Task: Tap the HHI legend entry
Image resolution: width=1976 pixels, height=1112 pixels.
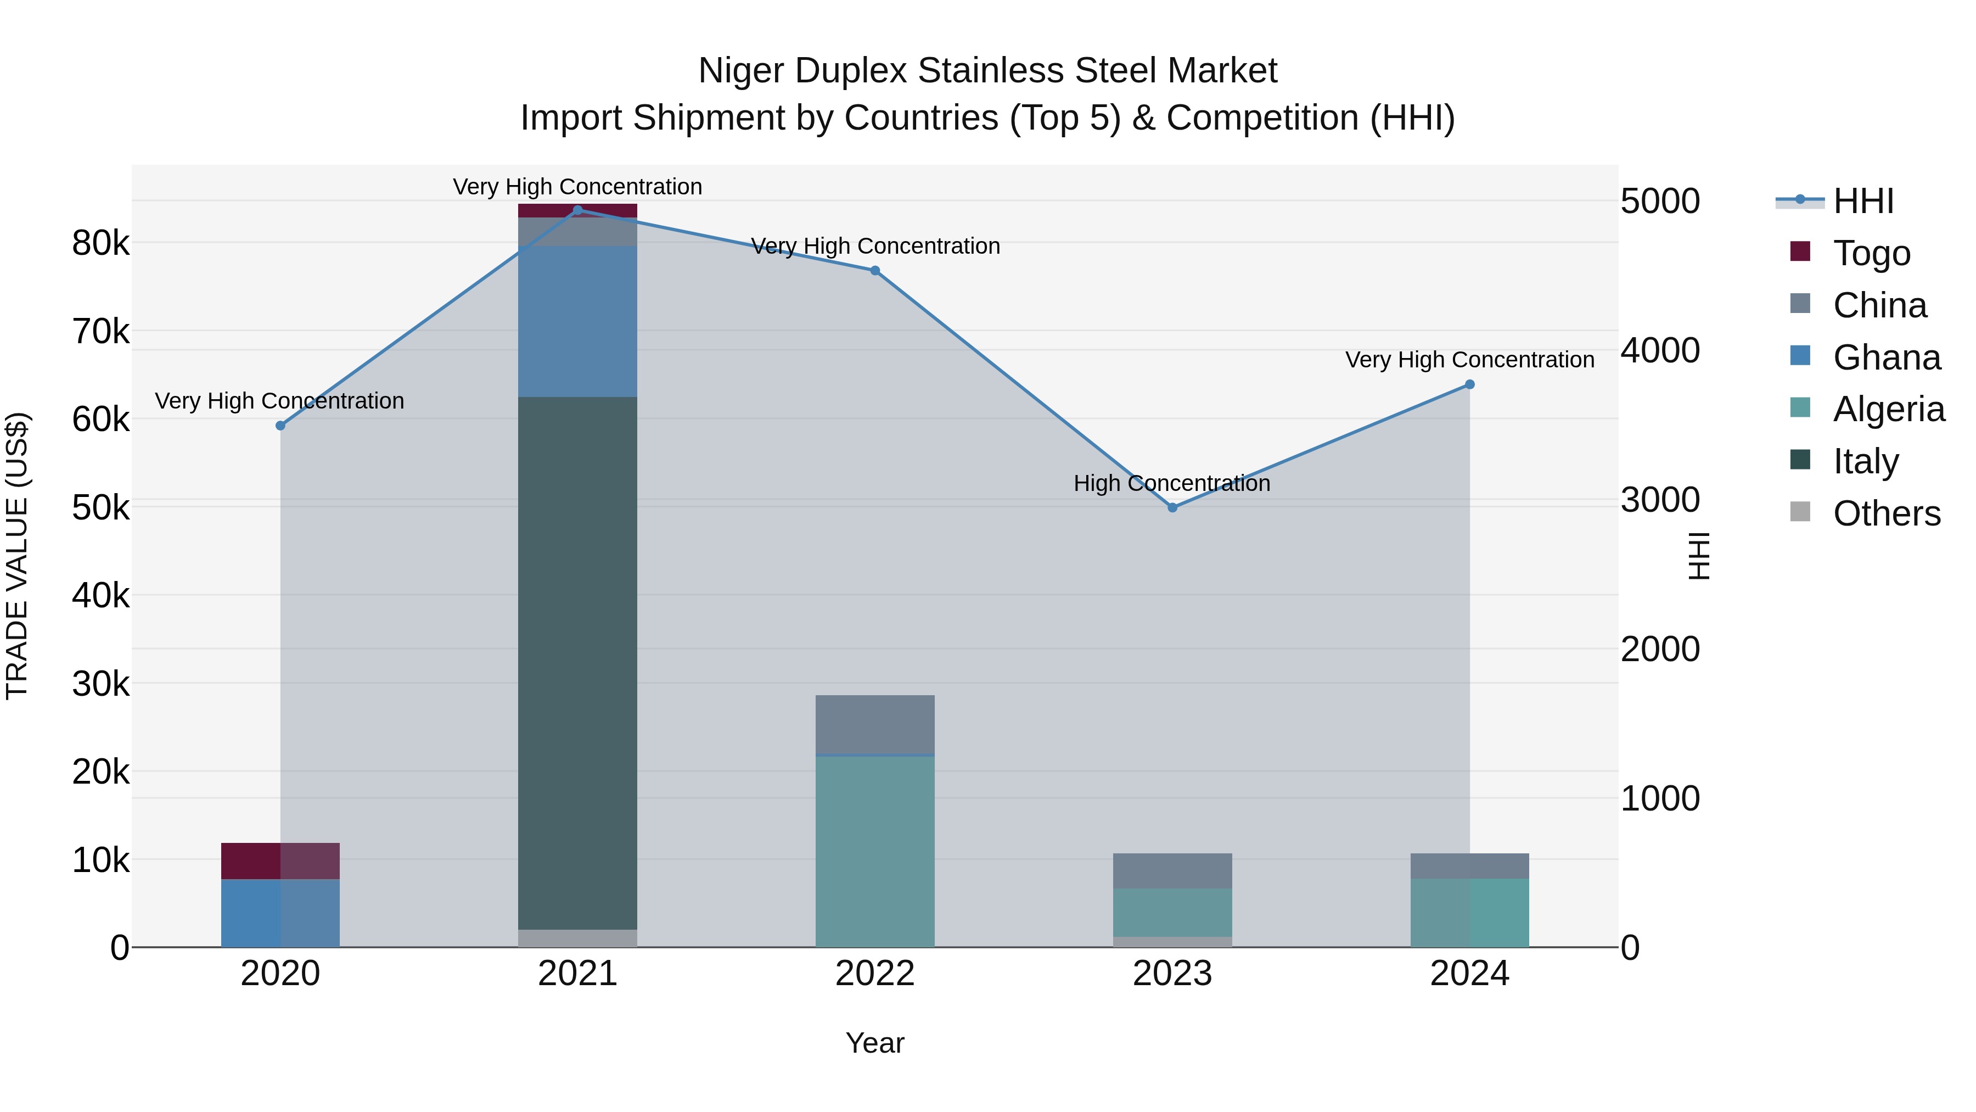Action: (1862, 201)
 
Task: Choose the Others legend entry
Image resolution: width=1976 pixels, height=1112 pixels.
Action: (1885, 513)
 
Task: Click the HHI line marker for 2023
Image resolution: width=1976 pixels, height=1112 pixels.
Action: (1172, 507)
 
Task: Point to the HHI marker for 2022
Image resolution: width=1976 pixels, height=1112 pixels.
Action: (874, 271)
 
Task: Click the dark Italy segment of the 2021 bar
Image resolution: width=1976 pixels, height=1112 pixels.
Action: (577, 660)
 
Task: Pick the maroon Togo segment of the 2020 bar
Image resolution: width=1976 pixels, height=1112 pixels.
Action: (280, 861)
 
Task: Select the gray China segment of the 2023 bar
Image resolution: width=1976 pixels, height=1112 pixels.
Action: (1172, 870)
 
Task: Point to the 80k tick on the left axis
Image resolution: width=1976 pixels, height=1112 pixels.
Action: (100, 243)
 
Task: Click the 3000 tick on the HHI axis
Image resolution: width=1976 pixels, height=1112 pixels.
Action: (1660, 500)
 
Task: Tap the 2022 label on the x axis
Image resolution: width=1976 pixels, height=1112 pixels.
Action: (874, 974)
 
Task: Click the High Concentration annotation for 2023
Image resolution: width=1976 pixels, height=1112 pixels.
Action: (1171, 483)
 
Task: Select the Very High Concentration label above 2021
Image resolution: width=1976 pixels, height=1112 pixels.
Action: (577, 187)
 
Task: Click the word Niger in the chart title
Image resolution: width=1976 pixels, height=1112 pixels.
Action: (740, 71)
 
